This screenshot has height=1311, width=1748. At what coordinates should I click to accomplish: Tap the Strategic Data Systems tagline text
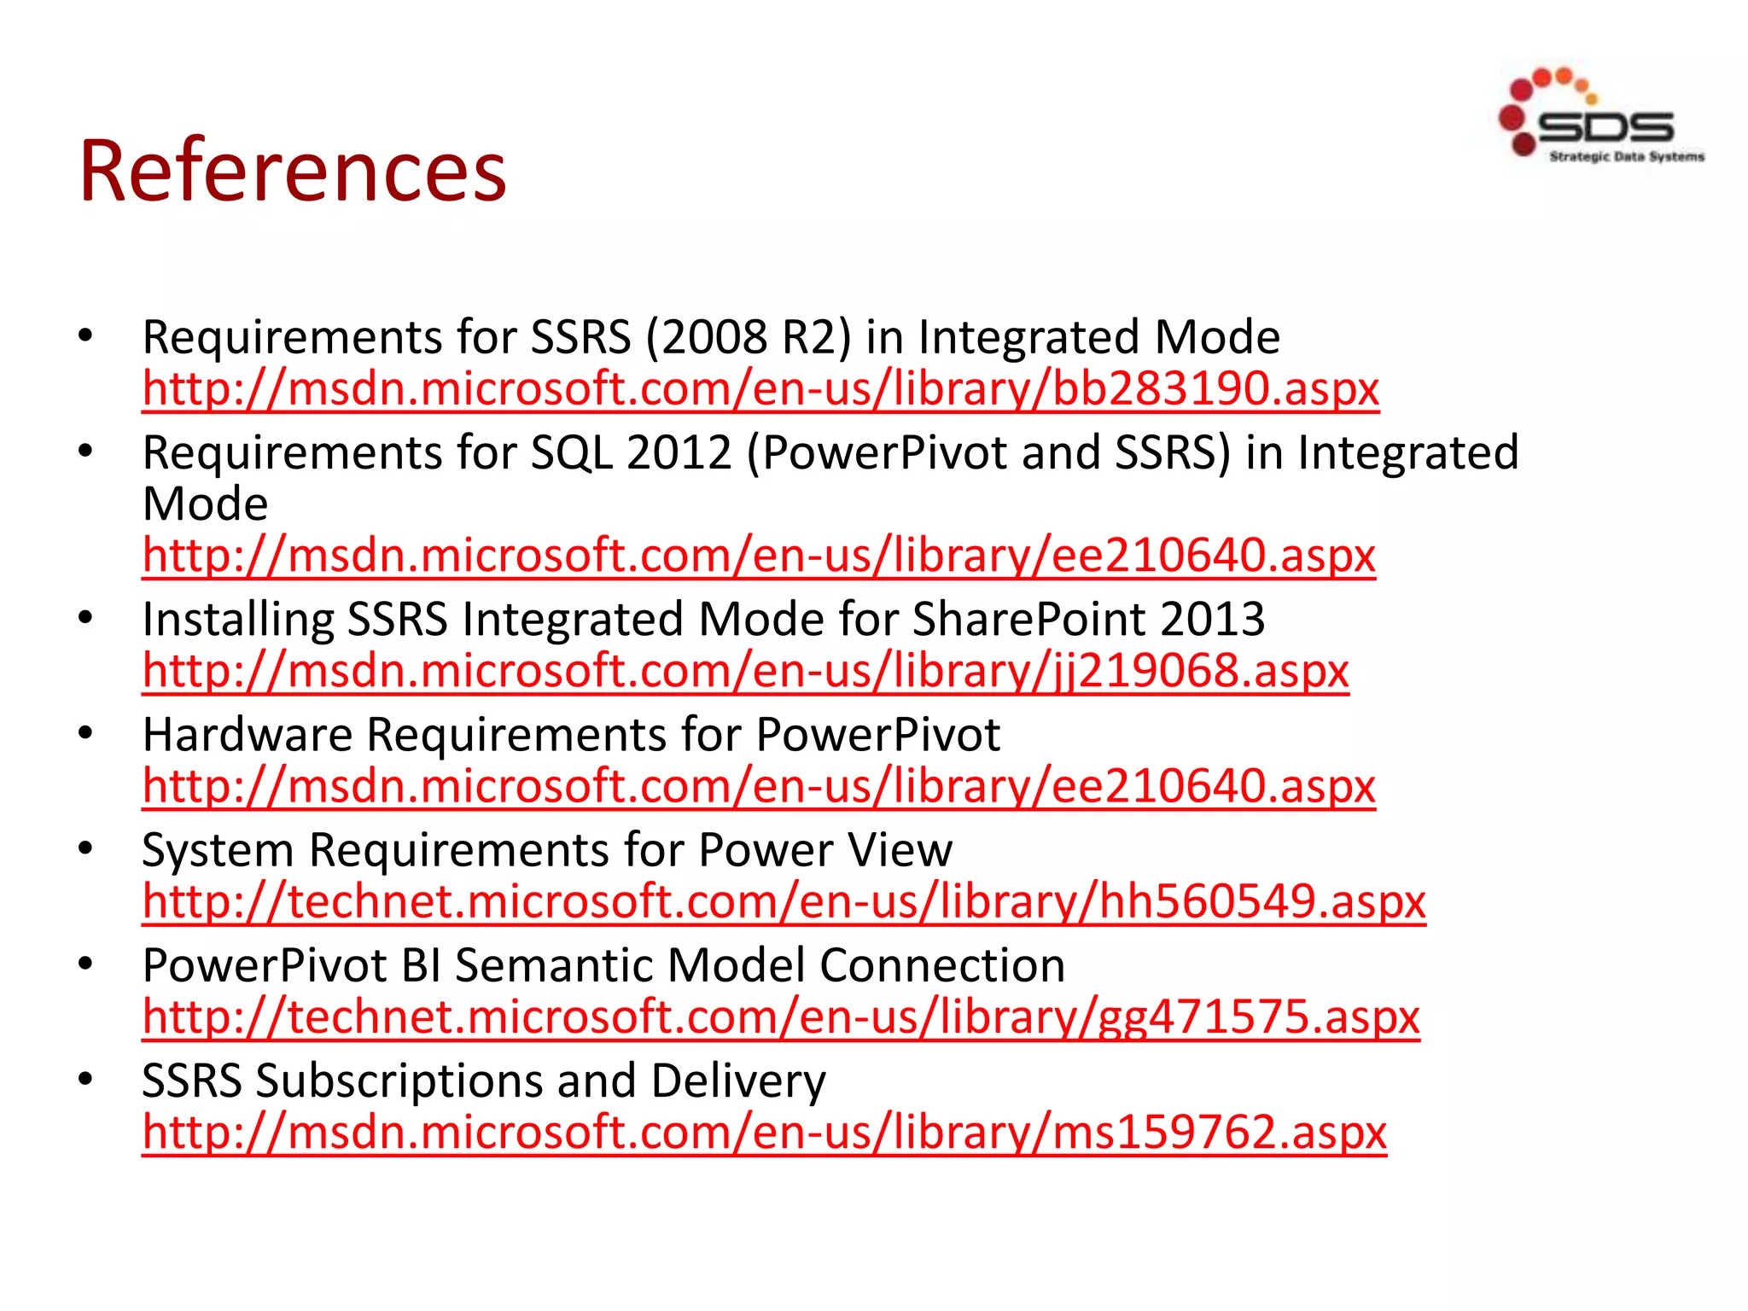click(1626, 157)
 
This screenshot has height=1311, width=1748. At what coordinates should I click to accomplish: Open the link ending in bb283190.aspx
click(760, 389)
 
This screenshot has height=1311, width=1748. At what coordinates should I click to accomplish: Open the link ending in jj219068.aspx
click(745, 671)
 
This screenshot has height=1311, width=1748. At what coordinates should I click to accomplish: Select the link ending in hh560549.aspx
click(784, 902)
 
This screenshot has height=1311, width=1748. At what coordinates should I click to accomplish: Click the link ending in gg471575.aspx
click(780, 1017)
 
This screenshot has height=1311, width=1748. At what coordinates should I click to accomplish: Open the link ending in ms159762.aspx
click(764, 1133)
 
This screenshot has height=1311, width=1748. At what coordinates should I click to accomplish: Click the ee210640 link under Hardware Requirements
click(758, 786)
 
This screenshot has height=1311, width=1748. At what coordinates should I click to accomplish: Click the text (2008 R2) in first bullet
click(749, 337)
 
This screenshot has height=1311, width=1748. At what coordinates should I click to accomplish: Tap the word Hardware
click(248, 735)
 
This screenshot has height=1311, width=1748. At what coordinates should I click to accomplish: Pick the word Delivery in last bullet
click(737, 1081)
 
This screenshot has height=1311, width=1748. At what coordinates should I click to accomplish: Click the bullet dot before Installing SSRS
click(84, 618)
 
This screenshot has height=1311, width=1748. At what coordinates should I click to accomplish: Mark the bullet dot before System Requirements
click(84, 848)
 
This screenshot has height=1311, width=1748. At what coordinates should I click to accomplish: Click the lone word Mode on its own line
click(205, 504)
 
